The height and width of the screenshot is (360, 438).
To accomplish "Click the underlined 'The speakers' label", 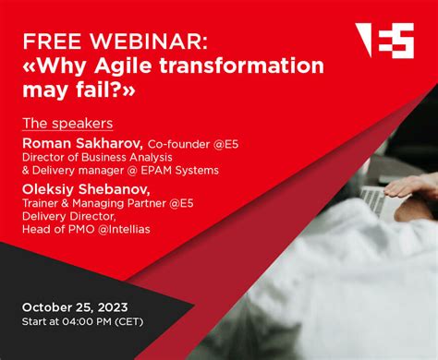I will [x=67, y=124].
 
